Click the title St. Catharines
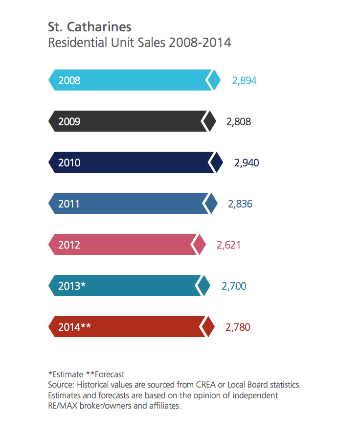90,26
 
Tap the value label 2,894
244,81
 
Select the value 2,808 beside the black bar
238,121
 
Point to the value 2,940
247,163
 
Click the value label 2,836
240,204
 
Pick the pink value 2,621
228,245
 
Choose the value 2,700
234,286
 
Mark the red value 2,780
238,327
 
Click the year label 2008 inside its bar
69,81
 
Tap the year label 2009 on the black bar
69,122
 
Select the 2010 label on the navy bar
69,163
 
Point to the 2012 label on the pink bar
69,245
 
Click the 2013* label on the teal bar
72,286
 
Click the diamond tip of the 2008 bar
215,80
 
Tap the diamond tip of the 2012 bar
200,245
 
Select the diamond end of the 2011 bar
212,204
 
